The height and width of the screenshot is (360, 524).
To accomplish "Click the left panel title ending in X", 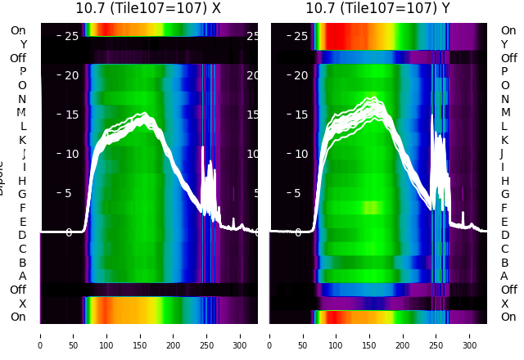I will pos(148,9).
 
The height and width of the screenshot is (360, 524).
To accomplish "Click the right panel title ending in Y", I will pos(378,9).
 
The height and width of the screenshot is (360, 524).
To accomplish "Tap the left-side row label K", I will pos(23,140).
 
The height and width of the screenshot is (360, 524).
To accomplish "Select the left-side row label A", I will pos(23,276).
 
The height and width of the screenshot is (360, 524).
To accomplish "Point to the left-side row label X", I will pos(23,304).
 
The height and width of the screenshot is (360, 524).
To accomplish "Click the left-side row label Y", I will pos(23,44).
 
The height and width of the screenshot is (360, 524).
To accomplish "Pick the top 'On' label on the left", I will pos(18,30).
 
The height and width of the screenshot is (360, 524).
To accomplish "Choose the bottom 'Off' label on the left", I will pos(18,290).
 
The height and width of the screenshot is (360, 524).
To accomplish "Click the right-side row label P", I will pos(504,72).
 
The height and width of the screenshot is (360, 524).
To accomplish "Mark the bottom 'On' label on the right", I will pos(508,317).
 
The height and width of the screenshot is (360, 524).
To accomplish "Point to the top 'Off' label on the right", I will pos(508,58).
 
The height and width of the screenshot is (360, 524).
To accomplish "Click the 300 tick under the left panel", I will pos(241,335).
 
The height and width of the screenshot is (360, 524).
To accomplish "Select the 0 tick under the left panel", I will pos(40,335).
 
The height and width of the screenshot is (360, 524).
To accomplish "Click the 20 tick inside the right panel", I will pos(300,75).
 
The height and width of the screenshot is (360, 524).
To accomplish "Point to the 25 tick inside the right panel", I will pos(300,36).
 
